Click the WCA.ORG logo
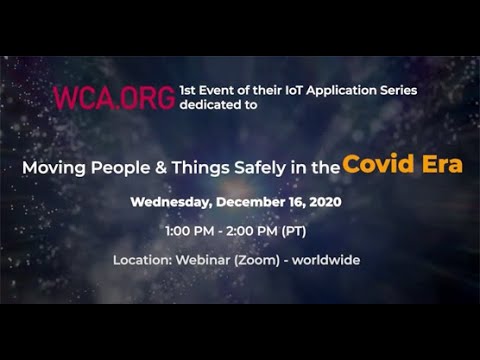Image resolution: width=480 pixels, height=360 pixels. tap(114, 97)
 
